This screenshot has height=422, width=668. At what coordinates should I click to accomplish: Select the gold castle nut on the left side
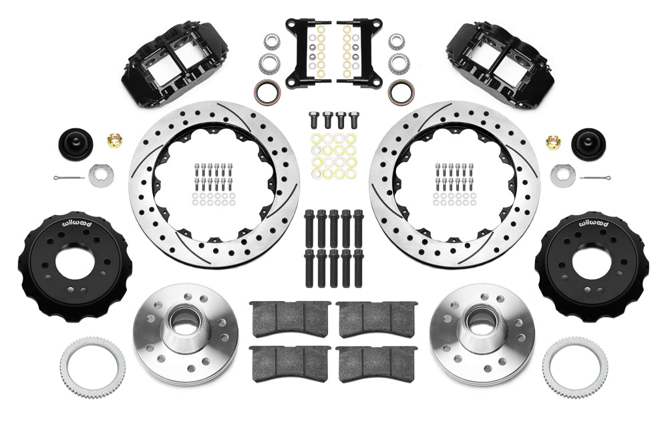[x=114, y=141]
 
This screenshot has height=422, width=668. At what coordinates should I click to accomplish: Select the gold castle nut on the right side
[x=553, y=141]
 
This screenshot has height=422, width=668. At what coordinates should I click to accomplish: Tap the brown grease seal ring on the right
[x=401, y=91]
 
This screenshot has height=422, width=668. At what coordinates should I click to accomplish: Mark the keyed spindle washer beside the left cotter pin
[x=102, y=174]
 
